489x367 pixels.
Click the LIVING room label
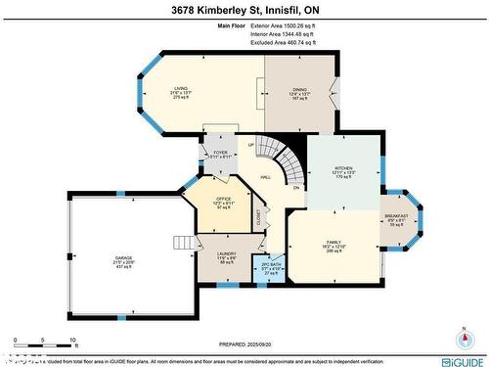click(x=180, y=88)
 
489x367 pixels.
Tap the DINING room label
click(x=300, y=88)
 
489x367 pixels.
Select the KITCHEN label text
click(x=342, y=167)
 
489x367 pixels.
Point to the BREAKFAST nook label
click(x=396, y=215)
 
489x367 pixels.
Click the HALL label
click(x=265, y=177)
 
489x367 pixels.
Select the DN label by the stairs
click(x=296, y=189)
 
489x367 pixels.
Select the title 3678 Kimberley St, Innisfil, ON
click(x=244, y=10)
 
